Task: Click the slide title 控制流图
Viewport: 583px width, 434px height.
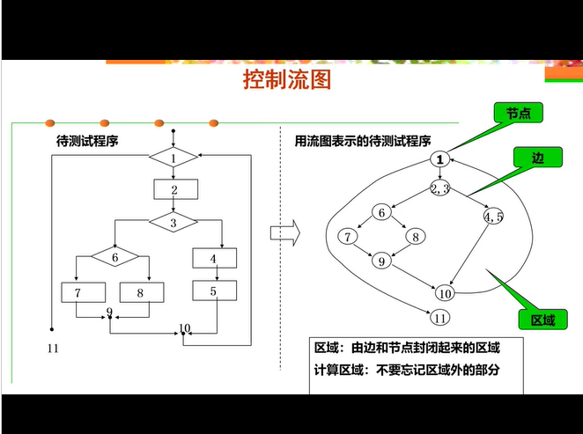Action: (286, 81)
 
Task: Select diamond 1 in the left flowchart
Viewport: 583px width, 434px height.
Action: (173, 158)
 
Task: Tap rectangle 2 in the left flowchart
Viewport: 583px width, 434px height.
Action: (175, 189)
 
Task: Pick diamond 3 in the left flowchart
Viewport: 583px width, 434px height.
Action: (173, 223)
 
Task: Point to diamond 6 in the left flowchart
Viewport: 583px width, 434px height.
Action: (114, 257)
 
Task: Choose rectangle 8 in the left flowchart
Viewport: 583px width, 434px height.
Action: (139, 292)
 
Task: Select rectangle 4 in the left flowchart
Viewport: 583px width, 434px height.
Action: (215, 258)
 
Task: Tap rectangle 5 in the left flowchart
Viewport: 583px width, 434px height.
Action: (214, 291)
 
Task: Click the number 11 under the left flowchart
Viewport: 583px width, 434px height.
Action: (52, 349)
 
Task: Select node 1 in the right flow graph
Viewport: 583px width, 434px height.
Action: (441, 159)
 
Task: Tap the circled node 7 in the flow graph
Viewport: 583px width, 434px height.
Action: (349, 237)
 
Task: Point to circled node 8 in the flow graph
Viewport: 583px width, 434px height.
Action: (415, 236)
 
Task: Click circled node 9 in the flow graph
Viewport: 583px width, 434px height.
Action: (381, 261)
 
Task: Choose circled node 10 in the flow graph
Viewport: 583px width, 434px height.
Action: (445, 294)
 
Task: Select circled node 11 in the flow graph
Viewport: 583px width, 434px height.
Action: (440, 319)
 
